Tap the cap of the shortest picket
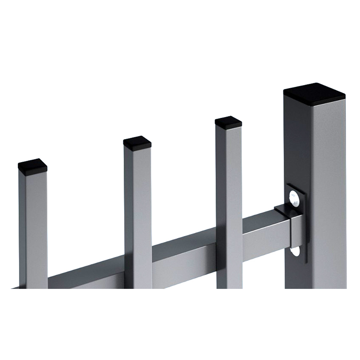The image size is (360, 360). pos(32,165)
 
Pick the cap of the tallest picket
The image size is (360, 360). pos(229,121)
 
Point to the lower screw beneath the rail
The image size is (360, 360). pos(295,250)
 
